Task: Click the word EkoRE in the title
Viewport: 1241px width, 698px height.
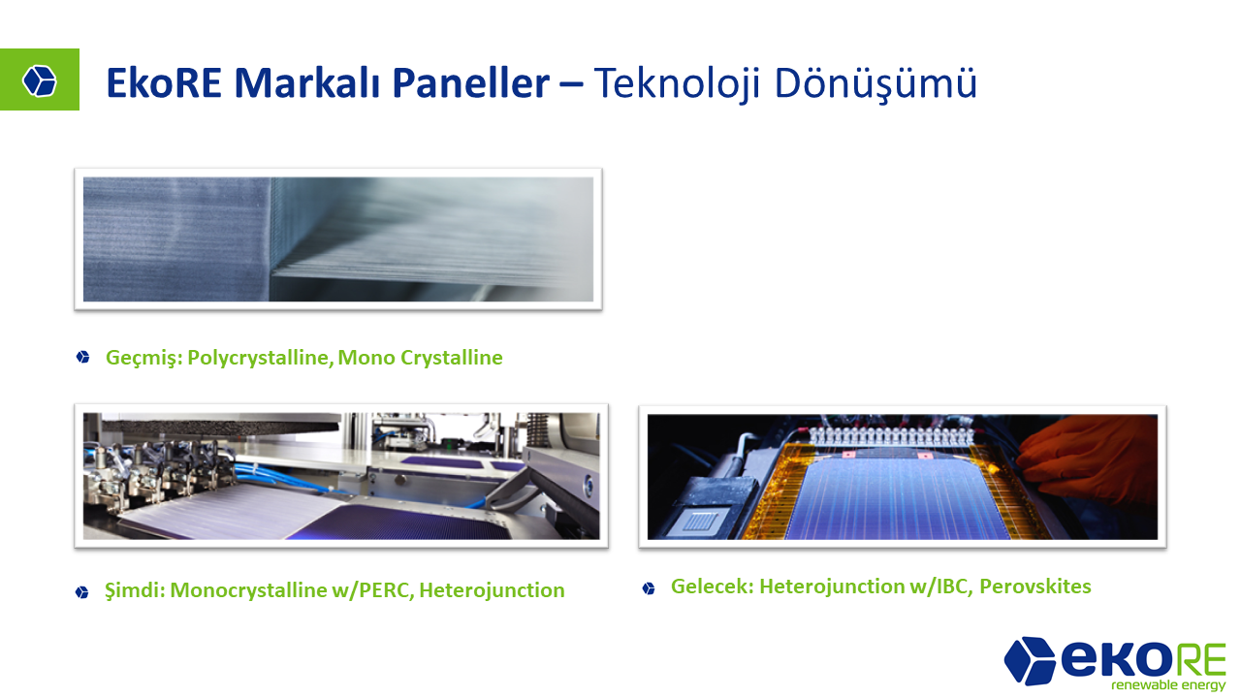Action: [164, 83]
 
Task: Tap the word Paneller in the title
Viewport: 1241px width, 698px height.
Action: [471, 83]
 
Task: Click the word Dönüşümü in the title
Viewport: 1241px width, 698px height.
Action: [875, 84]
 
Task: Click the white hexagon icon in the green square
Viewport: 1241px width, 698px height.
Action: [40, 80]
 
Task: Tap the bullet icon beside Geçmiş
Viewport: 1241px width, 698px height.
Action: [83, 358]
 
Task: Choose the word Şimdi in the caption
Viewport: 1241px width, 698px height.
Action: [135, 590]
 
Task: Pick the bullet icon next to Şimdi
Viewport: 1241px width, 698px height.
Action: [82, 592]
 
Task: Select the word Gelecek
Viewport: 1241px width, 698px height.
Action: [713, 587]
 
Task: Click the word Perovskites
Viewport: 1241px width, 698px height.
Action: [1035, 587]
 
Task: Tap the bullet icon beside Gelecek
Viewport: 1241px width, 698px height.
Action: [649, 588]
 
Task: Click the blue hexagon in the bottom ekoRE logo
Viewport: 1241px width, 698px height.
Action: [1030, 660]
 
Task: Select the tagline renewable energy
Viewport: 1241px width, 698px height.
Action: [1168, 685]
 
